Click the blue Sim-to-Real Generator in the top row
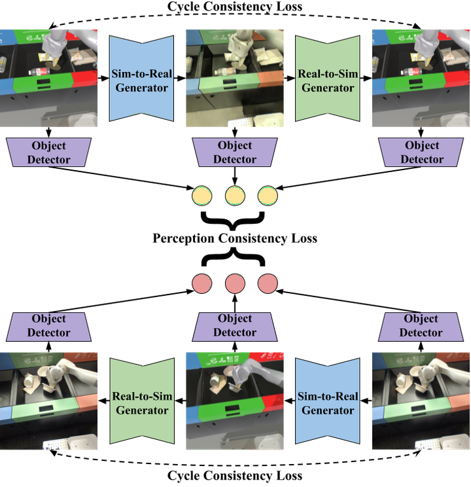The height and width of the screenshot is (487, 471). click(x=141, y=79)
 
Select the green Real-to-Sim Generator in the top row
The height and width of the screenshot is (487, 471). click(x=328, y=79)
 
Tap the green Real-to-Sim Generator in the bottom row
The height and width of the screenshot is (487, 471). click(x=141, y=401)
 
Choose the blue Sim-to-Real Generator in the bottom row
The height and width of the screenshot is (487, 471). click(x=328, y=401)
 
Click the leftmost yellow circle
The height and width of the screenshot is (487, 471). click(x=202, y=196)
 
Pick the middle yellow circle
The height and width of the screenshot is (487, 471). click(x=235, y=196)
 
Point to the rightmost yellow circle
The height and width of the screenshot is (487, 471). click(x=268, y=196)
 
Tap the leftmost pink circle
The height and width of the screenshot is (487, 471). click(x=202, y=283)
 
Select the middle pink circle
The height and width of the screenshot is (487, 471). click(x=235, y=283)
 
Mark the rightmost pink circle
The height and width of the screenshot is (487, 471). click(x=268, y=283)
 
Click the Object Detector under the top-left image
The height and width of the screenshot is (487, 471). click(x=49, y=152)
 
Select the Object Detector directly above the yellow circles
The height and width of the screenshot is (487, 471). click(x=235, y=152)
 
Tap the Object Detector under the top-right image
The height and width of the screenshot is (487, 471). click(x=421, y=152)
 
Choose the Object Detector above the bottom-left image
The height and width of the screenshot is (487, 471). click(x=49, y=326)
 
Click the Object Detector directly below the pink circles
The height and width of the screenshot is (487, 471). click(x=235, y=326)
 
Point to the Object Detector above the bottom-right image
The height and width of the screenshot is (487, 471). click(x=421, y=326)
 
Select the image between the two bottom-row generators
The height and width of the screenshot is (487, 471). click(x=235, y=401)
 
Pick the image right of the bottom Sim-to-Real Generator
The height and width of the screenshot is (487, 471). click(x=421, y=401)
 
